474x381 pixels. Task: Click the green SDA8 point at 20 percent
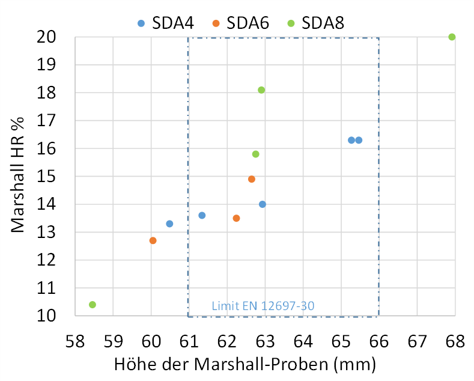point(452,37)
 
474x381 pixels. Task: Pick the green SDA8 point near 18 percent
point(261,90)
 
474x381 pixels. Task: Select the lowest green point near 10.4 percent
point(93,305)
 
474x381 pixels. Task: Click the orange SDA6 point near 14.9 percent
point(252,179)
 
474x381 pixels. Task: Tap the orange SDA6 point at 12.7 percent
point(153,240)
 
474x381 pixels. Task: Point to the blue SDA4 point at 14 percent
point(263,204)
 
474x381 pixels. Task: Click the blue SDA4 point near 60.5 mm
point(169,224)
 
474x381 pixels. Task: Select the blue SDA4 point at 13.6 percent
point(202,215)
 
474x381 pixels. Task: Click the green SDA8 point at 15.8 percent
point(256,154)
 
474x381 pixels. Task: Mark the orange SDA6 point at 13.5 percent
point(236,218)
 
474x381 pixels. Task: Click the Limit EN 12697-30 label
point(263,306)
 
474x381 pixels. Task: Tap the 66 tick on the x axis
point(378,341)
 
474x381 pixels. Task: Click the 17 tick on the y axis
point(48,121)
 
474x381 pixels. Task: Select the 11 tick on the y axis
point(48,288)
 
